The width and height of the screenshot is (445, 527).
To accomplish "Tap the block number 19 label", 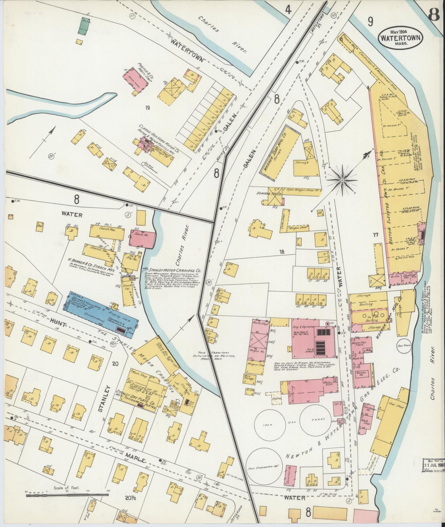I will coord(148,108).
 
